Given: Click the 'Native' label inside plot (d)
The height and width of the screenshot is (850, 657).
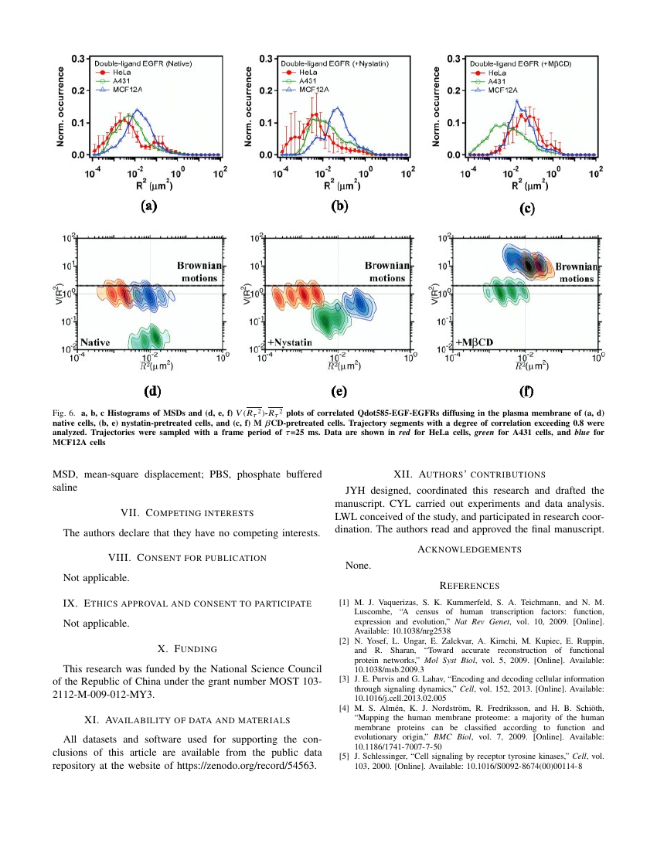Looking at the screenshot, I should [x=94, y=342].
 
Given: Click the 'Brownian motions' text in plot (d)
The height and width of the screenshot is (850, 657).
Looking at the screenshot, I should [x=199, y=271].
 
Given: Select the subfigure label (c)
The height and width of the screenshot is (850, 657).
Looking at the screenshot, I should [x=526, y=208].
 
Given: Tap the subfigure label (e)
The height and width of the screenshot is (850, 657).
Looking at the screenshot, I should [x=338, y=391].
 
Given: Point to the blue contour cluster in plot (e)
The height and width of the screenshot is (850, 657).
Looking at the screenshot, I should [x=356, y=302].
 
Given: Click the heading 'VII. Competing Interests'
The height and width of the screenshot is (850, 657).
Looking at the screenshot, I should [x=188, y=512].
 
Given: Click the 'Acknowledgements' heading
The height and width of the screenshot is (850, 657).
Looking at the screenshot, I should [x=469, y=549].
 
